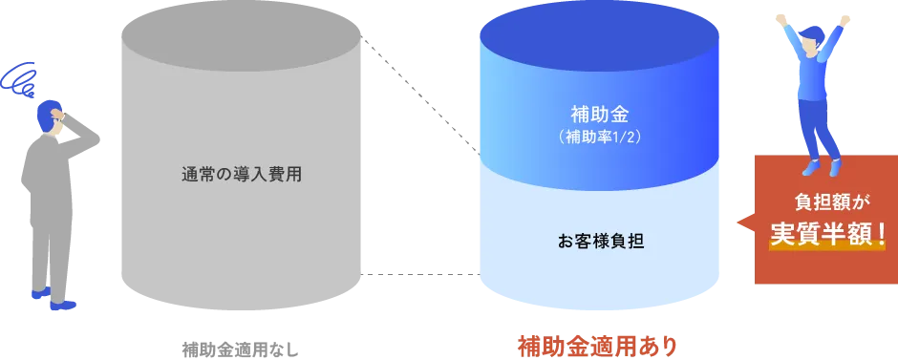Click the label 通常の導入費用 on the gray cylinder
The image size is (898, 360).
coord(241,175)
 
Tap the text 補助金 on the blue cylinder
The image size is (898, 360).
coord(599,115)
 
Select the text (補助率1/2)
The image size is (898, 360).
coord(599,137)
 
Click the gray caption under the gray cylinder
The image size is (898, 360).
coord(239,344)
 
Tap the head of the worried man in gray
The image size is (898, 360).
coord(52,119)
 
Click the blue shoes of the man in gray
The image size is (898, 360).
coord(53,301)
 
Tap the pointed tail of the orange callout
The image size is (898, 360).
coord(742,222)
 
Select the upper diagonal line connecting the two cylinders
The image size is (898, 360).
coord(420,95)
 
